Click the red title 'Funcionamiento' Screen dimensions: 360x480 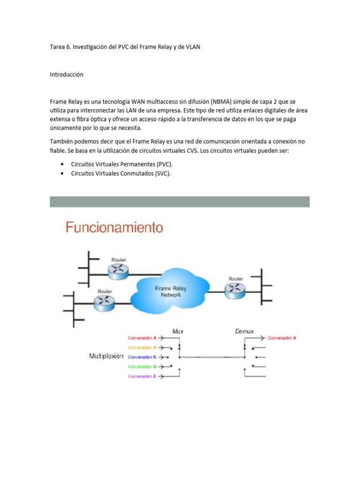pyautogui.click(x=114, y=228)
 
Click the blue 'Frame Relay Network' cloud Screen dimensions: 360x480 pyautogui.click(x=171, y=292)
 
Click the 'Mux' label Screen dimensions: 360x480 pyautogui.click(x=178, y=331)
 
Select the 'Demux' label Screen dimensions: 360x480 pyautogui.click(x=244, y=331)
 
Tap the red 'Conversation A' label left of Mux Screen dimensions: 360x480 pyautogui.click(x=142, y=337)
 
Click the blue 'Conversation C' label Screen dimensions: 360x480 pyautogui.click(x=142, y=357)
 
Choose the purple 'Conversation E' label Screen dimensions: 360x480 pyautogui.click(x=142, y=376)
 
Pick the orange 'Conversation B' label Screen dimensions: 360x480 pyautogui.click(x=142, y=347)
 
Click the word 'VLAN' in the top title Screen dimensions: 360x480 pyautogui.click(x=193, y=47)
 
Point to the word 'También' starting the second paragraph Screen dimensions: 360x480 pyautogui.click(x=61, y=142)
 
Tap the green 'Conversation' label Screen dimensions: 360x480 pyautogui.click(x=142, y=367)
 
